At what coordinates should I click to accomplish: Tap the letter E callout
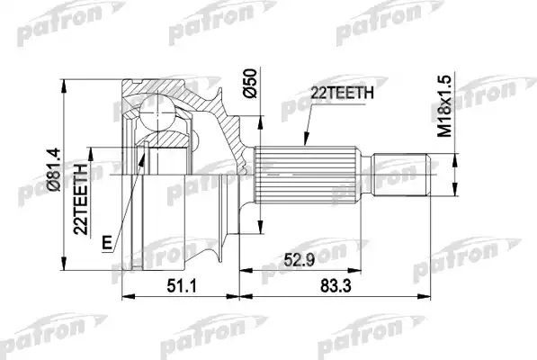click(107, 240)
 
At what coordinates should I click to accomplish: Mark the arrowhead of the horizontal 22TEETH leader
click(307, 144)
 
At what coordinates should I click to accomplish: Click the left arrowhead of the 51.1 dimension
click(125, 293)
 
